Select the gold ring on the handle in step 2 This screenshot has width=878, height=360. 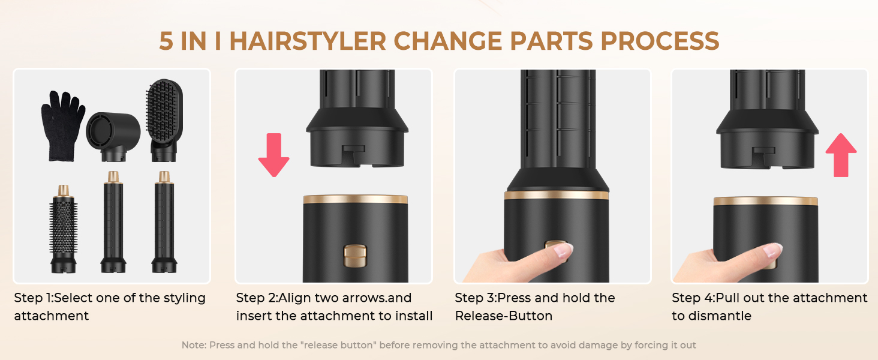[x=355, y=199]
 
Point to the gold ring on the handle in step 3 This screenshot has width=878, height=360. [x=556, y=195]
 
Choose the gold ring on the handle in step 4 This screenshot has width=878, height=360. [x=765, y=201]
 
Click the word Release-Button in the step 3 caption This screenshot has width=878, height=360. [x=504, y=316]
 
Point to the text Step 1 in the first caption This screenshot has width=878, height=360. [x=35, y=298]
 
